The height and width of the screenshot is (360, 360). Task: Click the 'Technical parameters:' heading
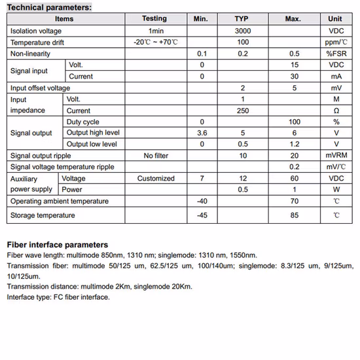pyautogui.click(x=49, y=7)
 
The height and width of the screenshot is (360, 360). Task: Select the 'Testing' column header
pyautogui.click(x=154, y=19)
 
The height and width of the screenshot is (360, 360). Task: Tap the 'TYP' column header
pyautogui.click(x=242, y=19)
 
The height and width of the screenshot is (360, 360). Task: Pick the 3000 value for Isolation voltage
pyautogui.click(x=242, y=31)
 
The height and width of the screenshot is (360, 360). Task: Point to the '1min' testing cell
pyautogui.click(x=156, y=31)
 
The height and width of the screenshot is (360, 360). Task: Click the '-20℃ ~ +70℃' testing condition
pyautogui.click(x=156, y=43)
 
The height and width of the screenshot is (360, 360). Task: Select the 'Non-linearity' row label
pyautogui.click(x=30, y=54)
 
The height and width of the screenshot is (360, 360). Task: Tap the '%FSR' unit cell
pyautogui.click(x=336, y=54)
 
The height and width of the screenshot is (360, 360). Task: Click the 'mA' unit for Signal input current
pyautogui.click(x=336, y=77)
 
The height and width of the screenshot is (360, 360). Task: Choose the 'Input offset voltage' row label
pyautogui.click(x=40, y=88)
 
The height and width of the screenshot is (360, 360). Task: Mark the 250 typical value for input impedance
pyautogui.click(x=242, y=111)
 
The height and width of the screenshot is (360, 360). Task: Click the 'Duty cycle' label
pyautogui.click(x=83, y=122)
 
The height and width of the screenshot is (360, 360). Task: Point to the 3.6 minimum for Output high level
pyautogui.click(x=202, y=133)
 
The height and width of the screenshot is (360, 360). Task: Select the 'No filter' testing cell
pyautogui.click(x=156, y=156)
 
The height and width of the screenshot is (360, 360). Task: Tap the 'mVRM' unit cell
pyautogui.click(x=336, y=156)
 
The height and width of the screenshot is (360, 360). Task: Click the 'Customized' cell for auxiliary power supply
pyautogui.click(x=156, y=178)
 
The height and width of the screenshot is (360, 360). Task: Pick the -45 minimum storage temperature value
pyautogui.click(x=202, y=215)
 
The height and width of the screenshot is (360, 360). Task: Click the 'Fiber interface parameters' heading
pyautogui.click(x=58, y=245)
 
